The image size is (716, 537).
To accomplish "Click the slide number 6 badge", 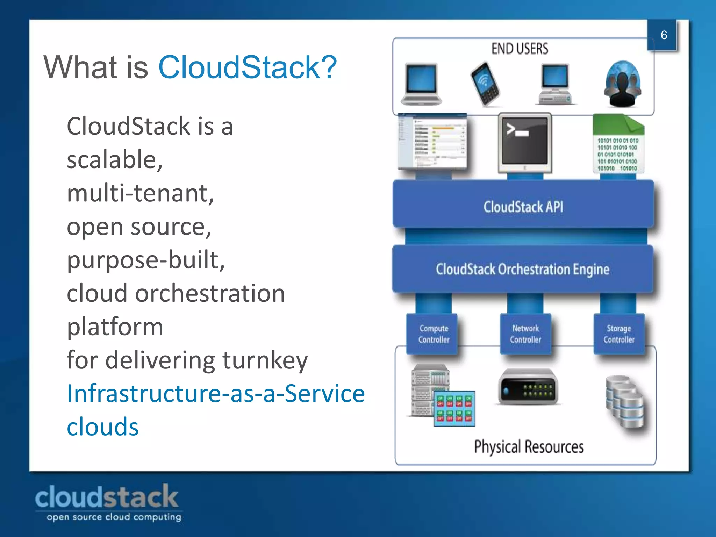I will click(663, 35).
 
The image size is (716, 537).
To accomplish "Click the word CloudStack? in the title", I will click(248, 67).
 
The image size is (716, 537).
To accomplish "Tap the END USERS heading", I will click(520, 49).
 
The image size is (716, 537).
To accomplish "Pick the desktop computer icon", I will click(555, 84).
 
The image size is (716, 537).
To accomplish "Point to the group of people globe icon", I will click(623, 84).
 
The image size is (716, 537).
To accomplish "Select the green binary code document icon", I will click(618, 144).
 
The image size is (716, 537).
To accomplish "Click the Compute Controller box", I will click(433, 334).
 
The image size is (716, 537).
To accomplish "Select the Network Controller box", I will click(525, 334).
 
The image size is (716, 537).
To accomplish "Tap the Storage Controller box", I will click(619, 334).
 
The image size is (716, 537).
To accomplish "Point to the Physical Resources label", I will click(529, 447).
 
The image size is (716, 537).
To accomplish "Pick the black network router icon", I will click(528, 387).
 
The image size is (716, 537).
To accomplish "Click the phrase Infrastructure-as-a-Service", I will click(216, 393).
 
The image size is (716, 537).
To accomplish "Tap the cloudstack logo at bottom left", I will click(107, 502).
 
